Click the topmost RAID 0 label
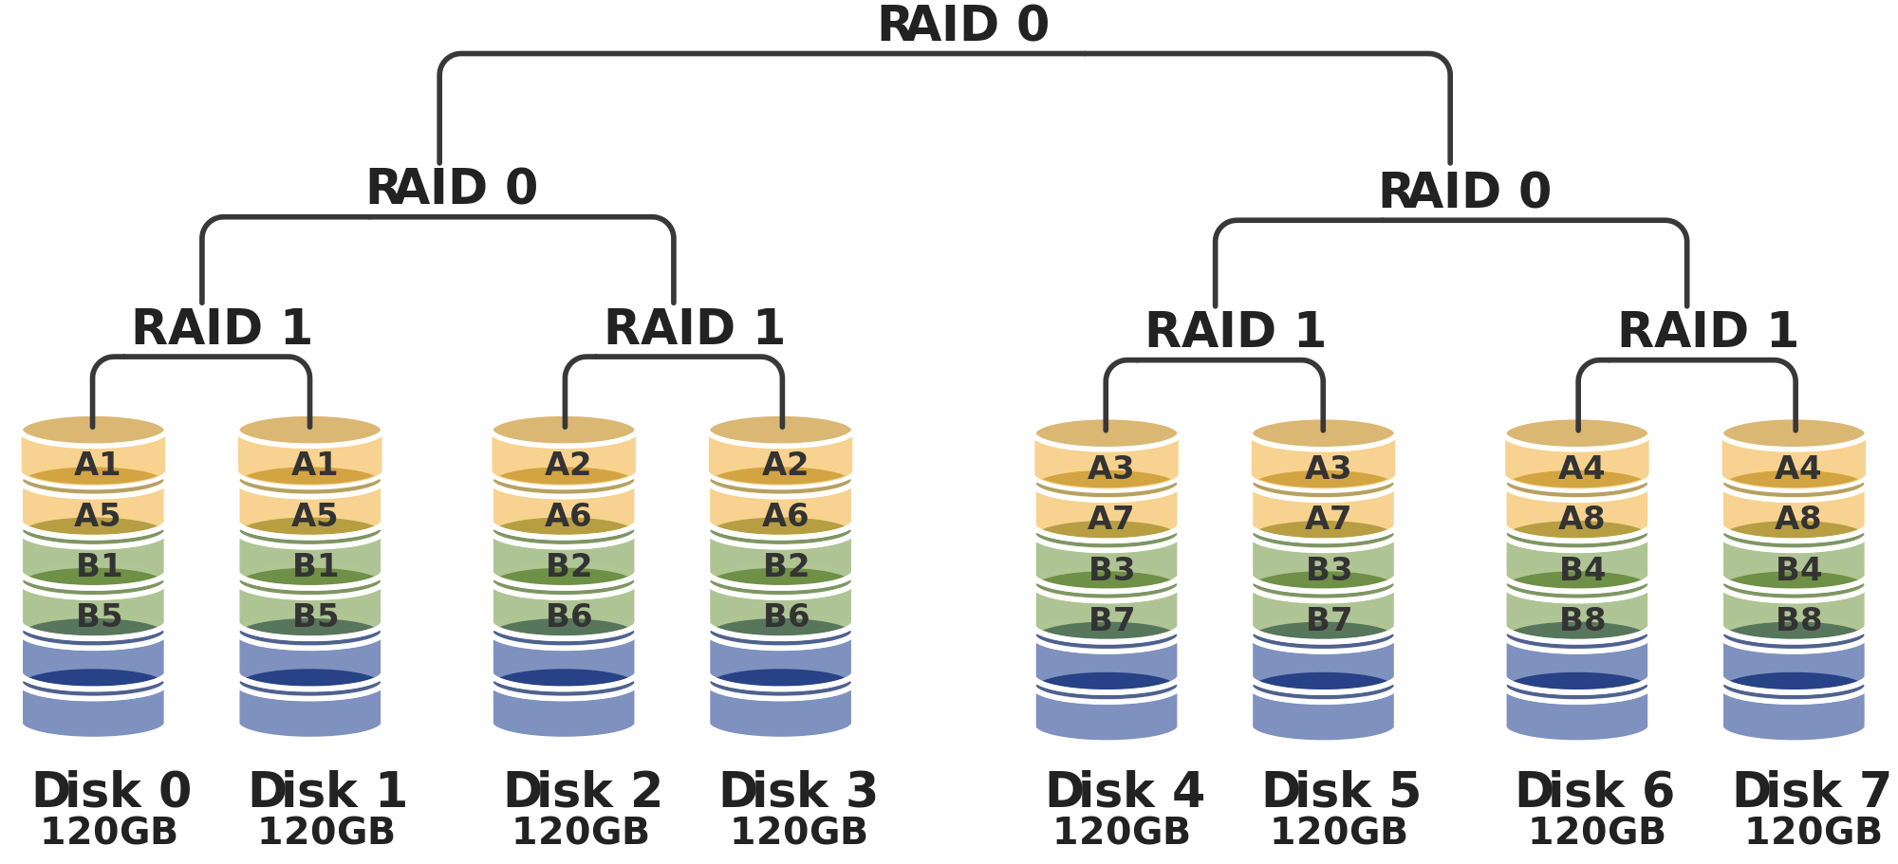962,24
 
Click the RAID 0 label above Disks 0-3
452,187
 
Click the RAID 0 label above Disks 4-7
1464,191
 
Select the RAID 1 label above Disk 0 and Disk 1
221,328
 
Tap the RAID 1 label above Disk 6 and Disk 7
1707,331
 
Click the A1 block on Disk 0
97,464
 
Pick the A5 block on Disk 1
314,515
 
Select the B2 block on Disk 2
568,565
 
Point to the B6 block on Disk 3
786,616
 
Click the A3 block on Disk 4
1110,468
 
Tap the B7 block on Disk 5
1328,619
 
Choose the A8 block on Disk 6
1581,518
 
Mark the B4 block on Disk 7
1798,569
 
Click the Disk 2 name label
582,791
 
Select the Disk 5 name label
1340,791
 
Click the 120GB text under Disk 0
109,832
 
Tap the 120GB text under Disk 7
1813,832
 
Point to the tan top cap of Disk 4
1107,432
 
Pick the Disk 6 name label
1594,791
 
